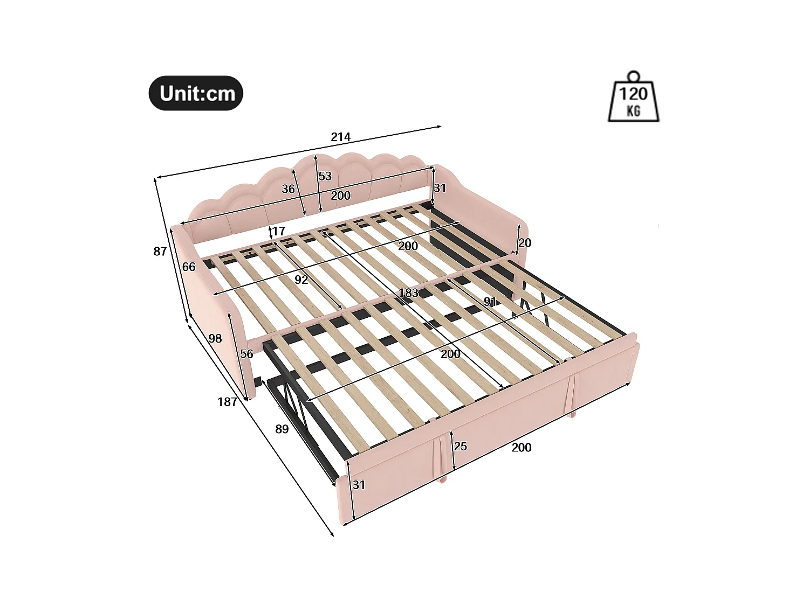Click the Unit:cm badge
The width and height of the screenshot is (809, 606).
(196, 93)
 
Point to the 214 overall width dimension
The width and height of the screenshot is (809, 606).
(340, 137)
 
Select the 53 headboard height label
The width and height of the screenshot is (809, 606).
(325, 176)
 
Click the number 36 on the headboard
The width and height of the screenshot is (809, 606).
(288, 189)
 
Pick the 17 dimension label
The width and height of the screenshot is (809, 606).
(278, 231)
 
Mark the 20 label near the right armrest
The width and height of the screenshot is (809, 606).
(525, 242)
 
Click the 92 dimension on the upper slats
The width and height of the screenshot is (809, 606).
(301, 280)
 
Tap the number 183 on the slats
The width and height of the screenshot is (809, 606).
(408, 293)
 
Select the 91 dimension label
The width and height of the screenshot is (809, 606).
(490, 302)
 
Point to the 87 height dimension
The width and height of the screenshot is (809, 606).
(160, 251)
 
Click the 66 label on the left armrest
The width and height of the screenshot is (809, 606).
(189, 267)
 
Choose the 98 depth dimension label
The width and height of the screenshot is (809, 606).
(215, 338)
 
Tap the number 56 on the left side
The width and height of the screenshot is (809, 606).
(246, 354)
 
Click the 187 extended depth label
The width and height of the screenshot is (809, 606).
(227, 402)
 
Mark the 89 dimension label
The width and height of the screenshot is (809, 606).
(282, 429)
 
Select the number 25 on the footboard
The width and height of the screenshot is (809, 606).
(460, 446)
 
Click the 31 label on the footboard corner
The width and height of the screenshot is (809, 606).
(359, 485)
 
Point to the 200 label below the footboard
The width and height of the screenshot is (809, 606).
(521, 447)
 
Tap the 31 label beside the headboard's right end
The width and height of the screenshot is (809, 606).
(440, 188)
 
